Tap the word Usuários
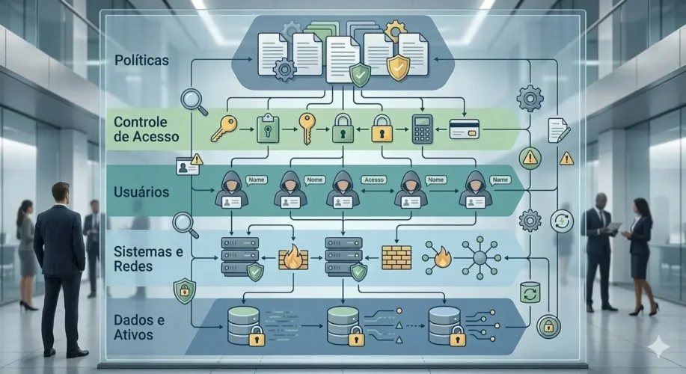click(141, 192)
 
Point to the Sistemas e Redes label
click(148, 259)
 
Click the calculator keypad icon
click(423, 129)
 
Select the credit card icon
click(464, 129)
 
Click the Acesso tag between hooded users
click(373, 180)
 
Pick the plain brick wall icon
click(396, 257)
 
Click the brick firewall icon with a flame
click(293, 257)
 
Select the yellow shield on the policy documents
click(399, 68)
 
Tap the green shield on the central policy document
click(360, 73)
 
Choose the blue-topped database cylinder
click(444, 323)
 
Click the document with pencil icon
click(558, 130)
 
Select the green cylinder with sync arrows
click(530, 292)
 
